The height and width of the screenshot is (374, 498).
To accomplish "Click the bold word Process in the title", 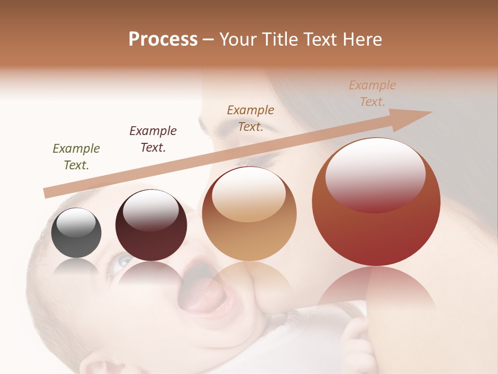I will coord(163,39).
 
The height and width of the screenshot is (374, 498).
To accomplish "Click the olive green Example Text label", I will coord(76,157).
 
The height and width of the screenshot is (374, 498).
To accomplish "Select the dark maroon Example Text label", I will coord(153,139).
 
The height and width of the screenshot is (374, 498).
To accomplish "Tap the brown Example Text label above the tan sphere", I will coord(251,118).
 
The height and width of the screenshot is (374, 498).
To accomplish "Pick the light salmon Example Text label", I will coord(372,94).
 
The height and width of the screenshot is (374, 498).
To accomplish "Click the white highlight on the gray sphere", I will coord(76,222).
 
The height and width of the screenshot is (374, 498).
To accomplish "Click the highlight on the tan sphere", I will coord(248,193).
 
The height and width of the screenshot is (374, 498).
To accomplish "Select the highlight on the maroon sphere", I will coord(150,209).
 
